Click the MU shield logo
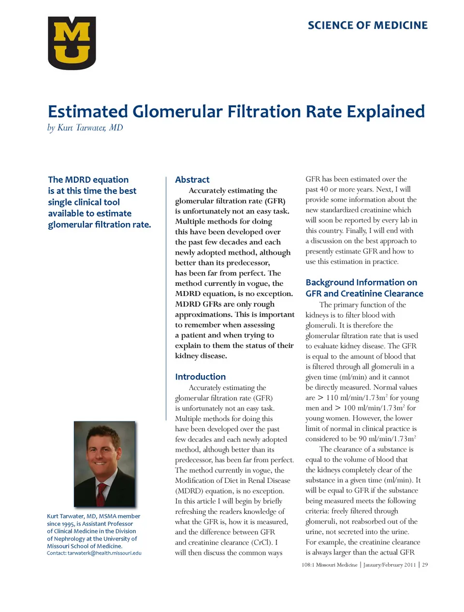click(x=72, y=43)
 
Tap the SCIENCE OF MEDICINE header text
click(x=367, y=26)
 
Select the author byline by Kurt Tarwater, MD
click(x=85, y=128)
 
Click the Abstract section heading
click(x=192, y=179)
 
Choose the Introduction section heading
click(x=200, y=377)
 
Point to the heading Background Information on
click(x=361, y=282)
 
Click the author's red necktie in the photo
click(x=101, y=494)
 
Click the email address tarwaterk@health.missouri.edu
click(x=104, y=553)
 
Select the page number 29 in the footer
click(x=425, y=565)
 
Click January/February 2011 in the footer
click(x=389, y=565)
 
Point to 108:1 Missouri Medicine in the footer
click(x=329, y=565)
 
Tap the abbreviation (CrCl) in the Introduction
click(x=261, y=542)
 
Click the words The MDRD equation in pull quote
click(x=88, y=179)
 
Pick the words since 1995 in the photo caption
click(x=60, y=524)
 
